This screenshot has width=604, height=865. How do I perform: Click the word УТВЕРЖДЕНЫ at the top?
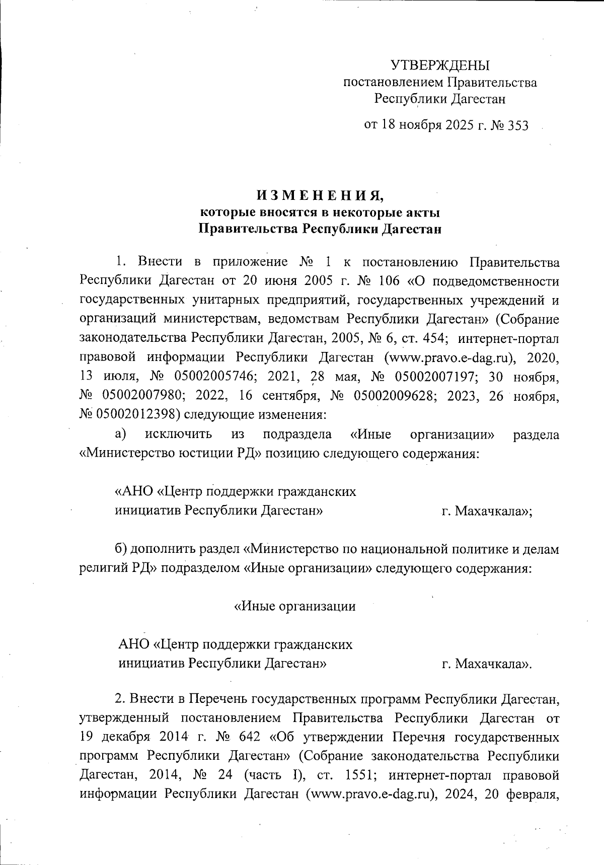440,65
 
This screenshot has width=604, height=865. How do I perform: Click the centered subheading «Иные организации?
295,606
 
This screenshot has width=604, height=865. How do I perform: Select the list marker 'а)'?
120,434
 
